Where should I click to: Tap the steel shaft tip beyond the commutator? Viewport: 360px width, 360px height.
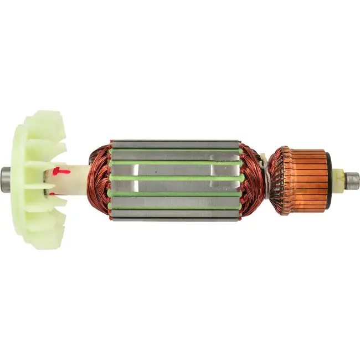coord(352,179)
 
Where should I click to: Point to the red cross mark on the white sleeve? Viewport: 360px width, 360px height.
coord(61,171)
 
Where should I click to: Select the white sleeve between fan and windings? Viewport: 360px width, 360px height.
coord(75,179)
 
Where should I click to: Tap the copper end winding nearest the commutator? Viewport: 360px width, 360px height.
coord(252,178)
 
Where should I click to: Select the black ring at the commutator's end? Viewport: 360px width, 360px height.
coord(329,180)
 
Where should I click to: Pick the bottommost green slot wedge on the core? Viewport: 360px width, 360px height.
coord(175,208)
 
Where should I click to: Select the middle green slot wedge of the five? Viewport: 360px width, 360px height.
coord(175,178)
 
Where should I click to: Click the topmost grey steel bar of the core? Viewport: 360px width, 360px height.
coord(175,143)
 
